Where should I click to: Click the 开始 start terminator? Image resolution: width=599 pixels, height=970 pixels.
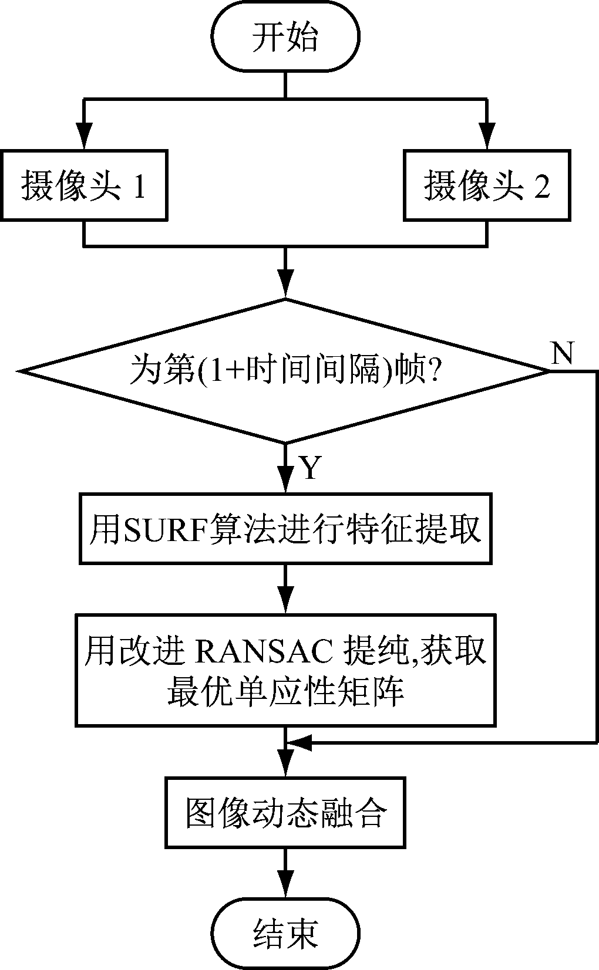pyautogui.click(x=285, y=38)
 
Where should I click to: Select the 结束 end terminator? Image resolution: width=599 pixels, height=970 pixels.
pyautogui.click(x=285, y=932)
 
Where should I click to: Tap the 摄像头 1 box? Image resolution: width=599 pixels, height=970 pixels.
pyautogui.click(x=84, y=185)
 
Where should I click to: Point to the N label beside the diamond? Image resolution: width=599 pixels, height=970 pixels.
pyautogui.click(x=562, y=353)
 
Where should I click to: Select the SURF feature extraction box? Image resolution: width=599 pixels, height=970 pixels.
pyautogui.click(x=285, y=529)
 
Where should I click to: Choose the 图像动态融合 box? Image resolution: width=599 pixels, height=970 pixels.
pyautogui.click(x=285, y=812)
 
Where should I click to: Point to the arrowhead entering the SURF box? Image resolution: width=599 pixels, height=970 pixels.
pyautogui.click(x=285, y=482)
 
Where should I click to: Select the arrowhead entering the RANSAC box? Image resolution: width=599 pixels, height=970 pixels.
pyautogui.click(x=285, y=602)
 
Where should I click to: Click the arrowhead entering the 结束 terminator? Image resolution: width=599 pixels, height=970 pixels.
pyautogui.click(x=285, y=890)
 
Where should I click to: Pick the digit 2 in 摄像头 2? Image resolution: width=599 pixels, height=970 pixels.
pyautogui.click(x=541, y=187)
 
